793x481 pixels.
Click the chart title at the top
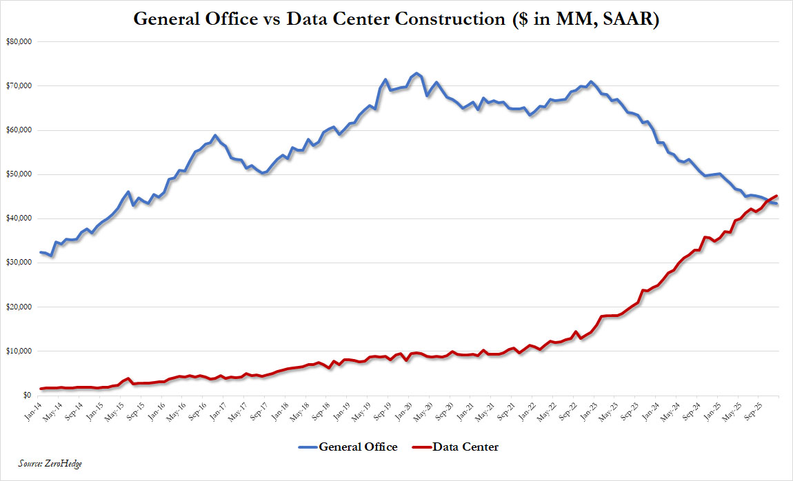click(x=396, y=19)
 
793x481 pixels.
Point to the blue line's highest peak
click(x=416, y=73)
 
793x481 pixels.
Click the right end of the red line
click(x=777, y=196)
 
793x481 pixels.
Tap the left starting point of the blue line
click(x=41, y=252)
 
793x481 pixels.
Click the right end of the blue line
click(x=777, y=204)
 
